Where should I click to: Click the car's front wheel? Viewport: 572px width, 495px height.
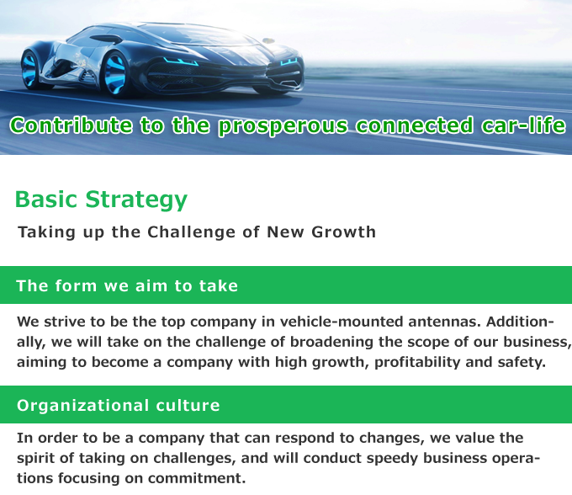[x=117, y=74]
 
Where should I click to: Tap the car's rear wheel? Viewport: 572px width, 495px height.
[x=30, y=69]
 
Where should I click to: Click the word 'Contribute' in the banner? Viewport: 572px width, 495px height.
[x=71, y=125]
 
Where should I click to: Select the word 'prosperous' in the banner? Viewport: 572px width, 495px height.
[x=283, y=126]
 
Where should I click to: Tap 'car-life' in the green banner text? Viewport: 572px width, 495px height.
[x=523, y=125]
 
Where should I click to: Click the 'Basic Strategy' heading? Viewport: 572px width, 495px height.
[x=101, y=200]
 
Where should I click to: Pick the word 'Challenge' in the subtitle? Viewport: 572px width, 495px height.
[x=191, y=232]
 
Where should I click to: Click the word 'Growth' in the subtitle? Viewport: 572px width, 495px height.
[x=343, y=232]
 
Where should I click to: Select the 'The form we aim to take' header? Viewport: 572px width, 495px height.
[x=127, y=286]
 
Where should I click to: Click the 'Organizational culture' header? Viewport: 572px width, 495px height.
[x=119, y=406]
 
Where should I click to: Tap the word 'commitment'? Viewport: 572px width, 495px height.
[x=197, y=478]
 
